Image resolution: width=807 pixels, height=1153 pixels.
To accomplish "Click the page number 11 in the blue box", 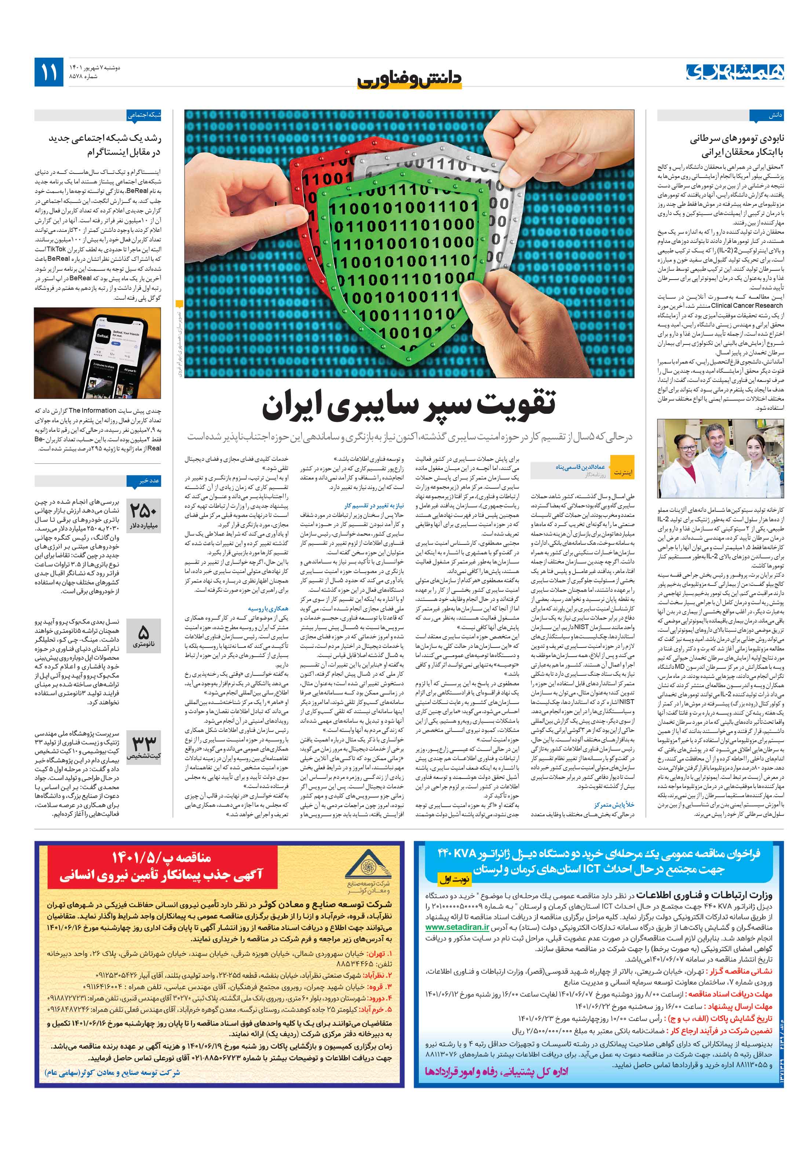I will point(49,72).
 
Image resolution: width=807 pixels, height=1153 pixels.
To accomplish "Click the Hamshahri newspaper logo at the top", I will point(735,72).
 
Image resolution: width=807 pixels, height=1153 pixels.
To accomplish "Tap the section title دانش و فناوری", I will point(409,79).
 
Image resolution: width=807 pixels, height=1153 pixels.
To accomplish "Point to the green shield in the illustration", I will point(402,261).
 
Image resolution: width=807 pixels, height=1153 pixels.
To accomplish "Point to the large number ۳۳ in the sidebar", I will point(144,742).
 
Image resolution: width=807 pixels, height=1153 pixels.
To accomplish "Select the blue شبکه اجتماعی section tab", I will point(144,116).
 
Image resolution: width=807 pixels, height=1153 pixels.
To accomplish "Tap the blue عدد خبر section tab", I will point(149,481).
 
